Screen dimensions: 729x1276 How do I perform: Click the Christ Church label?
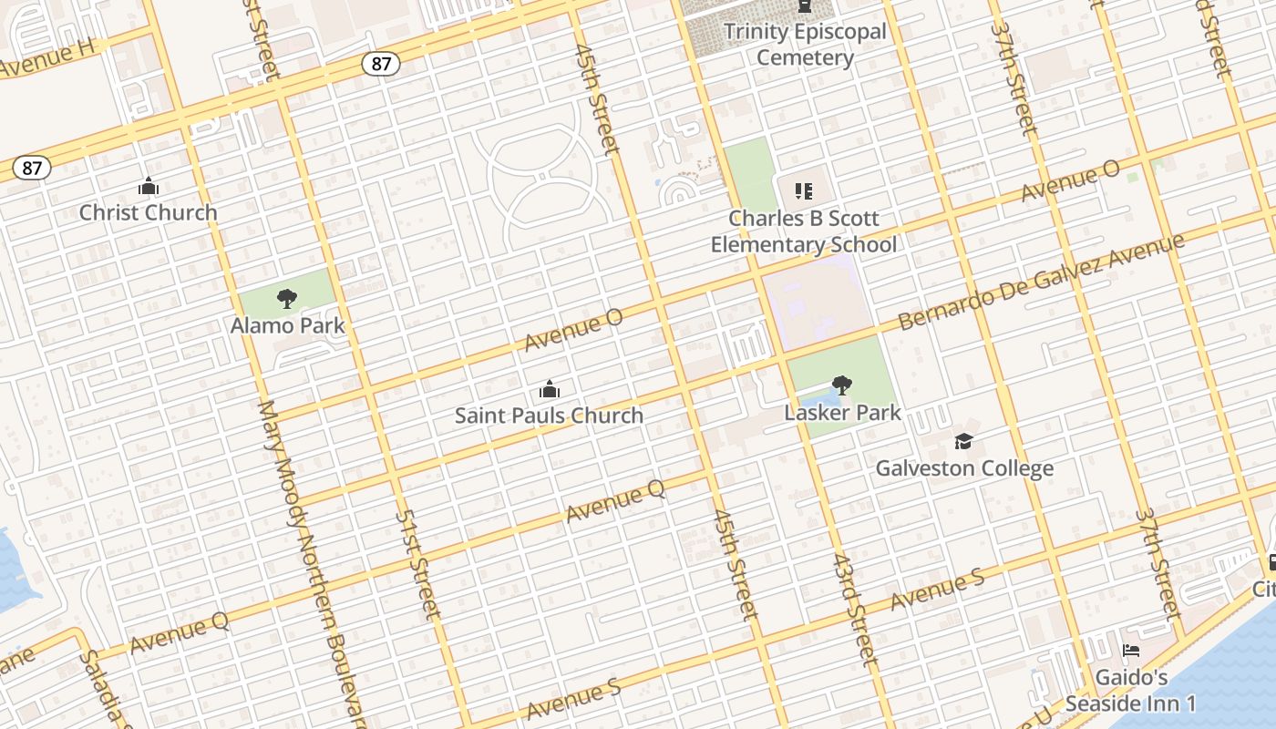(x=148, y=212)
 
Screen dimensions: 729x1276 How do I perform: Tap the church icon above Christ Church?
(x=148, y=188)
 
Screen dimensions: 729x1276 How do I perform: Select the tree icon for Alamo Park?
(x=287, y=299)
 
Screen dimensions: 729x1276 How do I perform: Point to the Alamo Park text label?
(x=287, y=325)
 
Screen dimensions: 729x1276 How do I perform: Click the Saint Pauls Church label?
(x=549, y=416)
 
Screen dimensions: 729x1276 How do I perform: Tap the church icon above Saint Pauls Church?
(x=549, y=390)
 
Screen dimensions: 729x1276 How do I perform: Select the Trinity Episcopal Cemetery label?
(x=805, y=45)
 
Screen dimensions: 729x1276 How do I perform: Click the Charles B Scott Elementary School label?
(x=804, y=231)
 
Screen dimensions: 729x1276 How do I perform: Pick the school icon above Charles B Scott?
(x=803, y=191)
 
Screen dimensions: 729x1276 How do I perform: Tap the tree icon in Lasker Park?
(x=842, y=385)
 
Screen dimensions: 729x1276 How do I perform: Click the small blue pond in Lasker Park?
(x=814, y=402)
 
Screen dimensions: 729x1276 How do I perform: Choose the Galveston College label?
(x=964, y=468)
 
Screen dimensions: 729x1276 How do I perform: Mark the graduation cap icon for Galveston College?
(x=963, y=442)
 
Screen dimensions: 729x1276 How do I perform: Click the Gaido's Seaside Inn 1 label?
(x=1130, y=691)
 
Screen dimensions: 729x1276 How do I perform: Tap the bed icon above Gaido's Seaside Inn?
(x=1130, y=652)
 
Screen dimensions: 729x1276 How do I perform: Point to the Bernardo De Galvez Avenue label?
(x=1041, y=282)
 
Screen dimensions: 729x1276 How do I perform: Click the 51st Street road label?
(x=417, y=564)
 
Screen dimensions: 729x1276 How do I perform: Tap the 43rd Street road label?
(x=853, y=609)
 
